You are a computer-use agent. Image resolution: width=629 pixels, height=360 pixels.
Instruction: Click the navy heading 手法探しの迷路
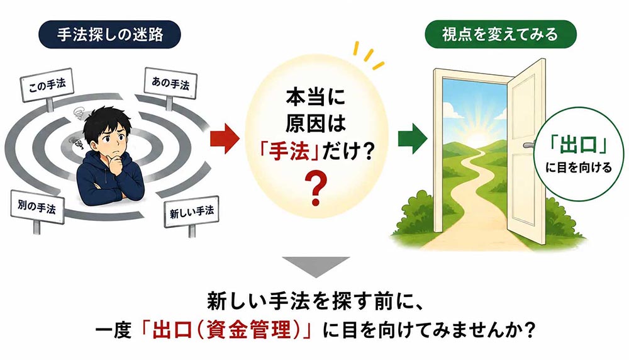[109, 35]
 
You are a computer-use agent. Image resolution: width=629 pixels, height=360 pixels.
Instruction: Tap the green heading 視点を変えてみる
[500, 34]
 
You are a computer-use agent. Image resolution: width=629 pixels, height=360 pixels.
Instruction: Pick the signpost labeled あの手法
[170, 84]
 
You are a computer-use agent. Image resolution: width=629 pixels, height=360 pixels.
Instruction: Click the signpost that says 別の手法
[37, 207]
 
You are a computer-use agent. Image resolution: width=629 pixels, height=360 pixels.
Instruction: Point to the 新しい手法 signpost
[192, 211]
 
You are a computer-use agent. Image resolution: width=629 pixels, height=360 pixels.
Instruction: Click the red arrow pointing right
[225, 138]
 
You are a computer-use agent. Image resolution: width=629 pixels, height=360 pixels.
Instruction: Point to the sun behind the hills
[477, 138]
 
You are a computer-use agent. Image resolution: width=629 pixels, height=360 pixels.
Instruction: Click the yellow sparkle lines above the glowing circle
[368, 55]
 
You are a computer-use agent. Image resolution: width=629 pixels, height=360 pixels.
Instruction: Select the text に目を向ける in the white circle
[579, 167]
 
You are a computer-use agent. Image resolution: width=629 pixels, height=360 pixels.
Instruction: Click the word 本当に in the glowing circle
[315, 97]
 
